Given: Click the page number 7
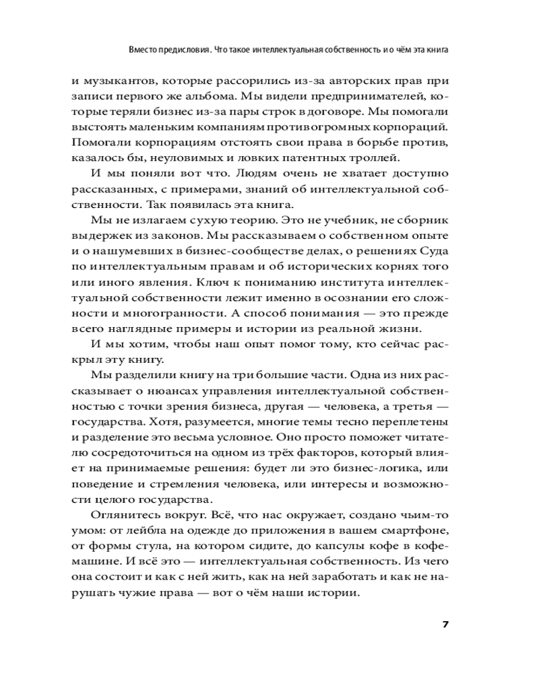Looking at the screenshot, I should (445, 623).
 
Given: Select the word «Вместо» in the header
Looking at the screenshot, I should (144, 50).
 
